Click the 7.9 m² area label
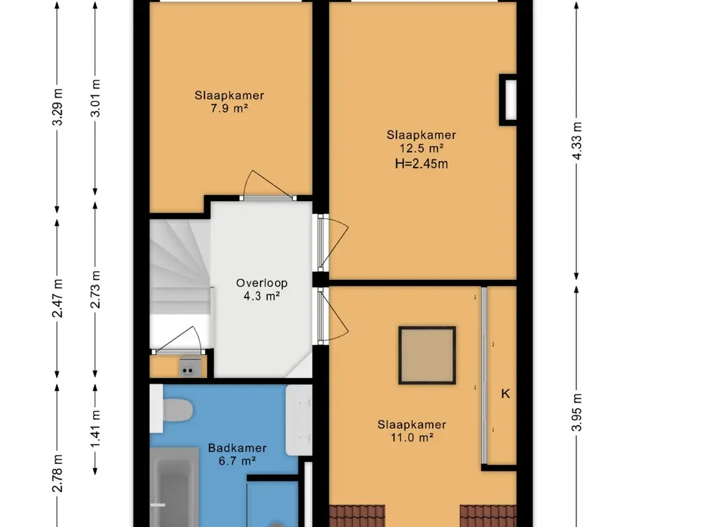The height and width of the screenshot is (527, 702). coord(229,108)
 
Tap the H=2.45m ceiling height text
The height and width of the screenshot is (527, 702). coord(422,163)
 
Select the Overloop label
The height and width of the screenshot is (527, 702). coord(262,283)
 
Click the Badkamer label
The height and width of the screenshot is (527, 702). coord(237,447)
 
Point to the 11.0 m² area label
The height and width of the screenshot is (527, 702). coord(412,437)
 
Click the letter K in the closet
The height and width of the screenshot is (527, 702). coord(505,394)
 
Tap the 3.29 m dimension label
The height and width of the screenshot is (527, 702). coord(58,107)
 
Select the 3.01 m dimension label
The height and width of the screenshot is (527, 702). coord(96,98)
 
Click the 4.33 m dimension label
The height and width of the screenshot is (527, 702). coord(577,141)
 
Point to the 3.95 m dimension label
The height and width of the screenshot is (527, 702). coord(577,412)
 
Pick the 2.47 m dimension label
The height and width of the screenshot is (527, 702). coord(58,298)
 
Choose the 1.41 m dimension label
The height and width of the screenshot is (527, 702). coord(96,428)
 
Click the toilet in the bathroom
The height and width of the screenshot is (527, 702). coord(172,409)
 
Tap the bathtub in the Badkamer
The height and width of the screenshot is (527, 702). coord(174,488)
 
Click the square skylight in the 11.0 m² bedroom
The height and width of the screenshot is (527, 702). coord(427,355)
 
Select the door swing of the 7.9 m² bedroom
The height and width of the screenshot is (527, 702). coord(267,184)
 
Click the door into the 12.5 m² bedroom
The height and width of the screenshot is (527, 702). coord(333,242)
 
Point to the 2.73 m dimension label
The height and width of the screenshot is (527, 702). coord(96,289)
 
